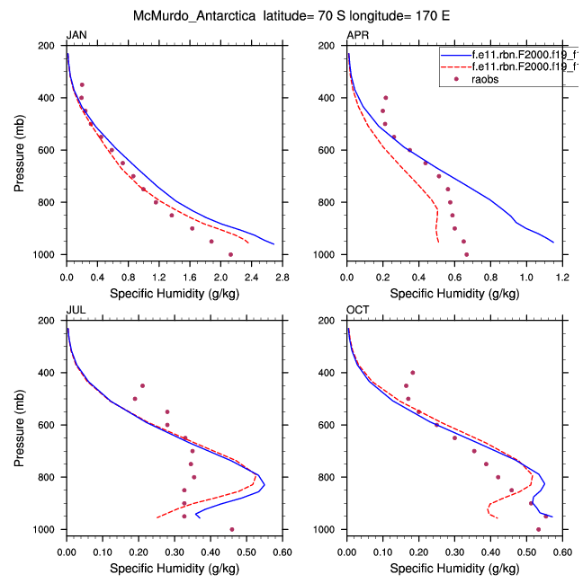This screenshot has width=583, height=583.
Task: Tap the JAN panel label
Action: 76,35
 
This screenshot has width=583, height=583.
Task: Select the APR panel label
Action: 357,35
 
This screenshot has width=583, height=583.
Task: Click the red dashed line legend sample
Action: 456,66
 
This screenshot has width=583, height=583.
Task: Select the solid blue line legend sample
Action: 456,54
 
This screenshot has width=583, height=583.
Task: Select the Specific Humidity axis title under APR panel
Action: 454,293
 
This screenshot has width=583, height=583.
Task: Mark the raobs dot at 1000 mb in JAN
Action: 231,254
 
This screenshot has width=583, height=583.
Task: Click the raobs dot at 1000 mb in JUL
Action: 231,529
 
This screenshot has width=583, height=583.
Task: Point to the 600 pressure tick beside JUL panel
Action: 49,424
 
